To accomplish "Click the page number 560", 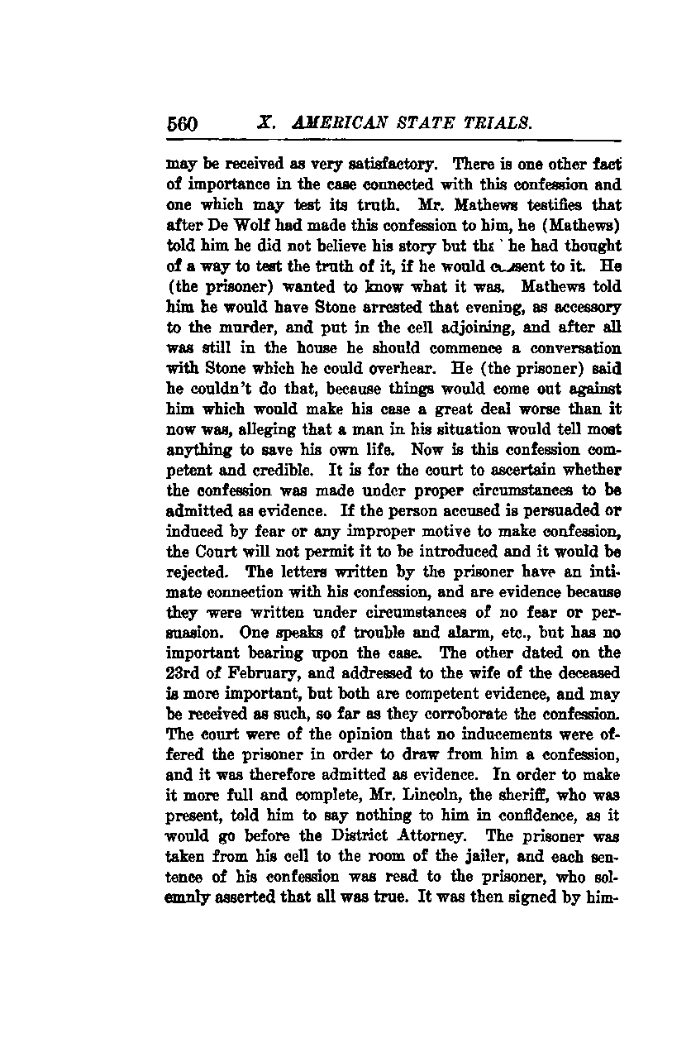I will click(x=183, y=124).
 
